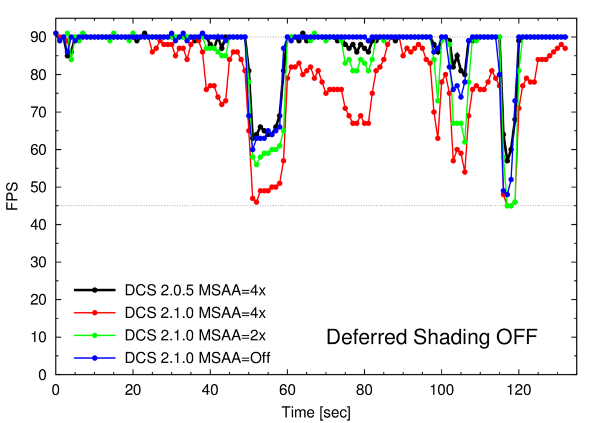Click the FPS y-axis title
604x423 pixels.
[x=13, y=196]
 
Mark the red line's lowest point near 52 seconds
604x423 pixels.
[x=256, y=202]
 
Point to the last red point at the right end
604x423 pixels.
[x=565, y=48]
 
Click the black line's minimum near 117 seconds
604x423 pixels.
[x=507, y=161]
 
